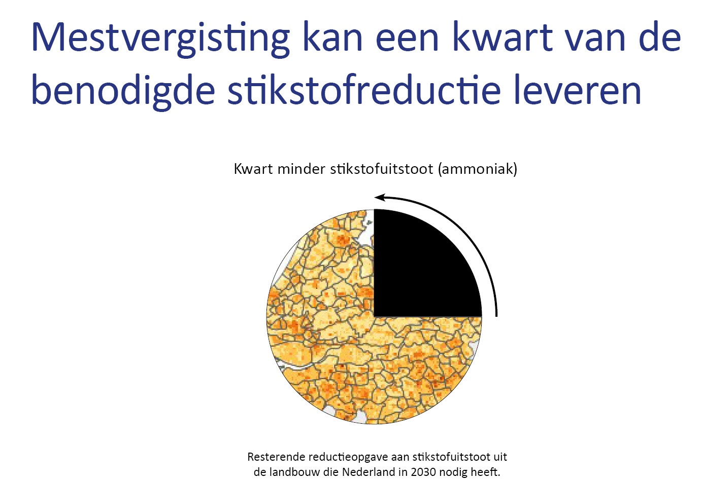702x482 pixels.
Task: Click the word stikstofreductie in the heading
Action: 364,89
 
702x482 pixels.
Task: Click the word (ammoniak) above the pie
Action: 477,169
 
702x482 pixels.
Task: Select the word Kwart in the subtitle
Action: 253,169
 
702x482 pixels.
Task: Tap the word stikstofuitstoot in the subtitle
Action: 382,169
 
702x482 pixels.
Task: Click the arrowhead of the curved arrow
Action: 380,197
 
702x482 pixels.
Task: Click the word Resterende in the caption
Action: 276,457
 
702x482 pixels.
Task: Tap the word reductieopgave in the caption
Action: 355,458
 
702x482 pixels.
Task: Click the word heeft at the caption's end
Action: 484,472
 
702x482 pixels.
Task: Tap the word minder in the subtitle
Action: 302,169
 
